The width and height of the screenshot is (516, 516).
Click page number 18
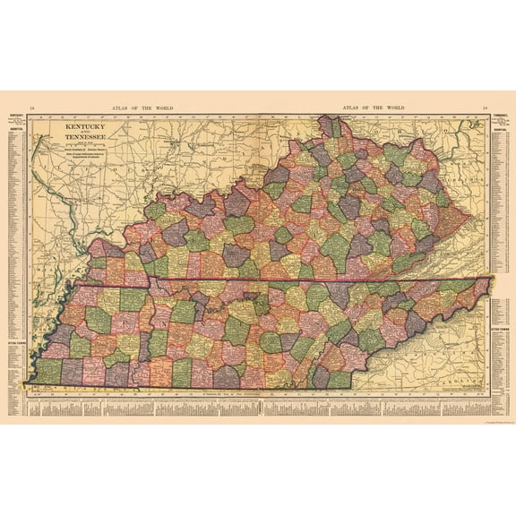(31, 108)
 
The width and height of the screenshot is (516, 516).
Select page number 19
(485, 108)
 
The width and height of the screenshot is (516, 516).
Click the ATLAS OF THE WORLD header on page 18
(143, 108)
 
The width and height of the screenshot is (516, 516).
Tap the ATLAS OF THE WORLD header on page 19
(373, 108)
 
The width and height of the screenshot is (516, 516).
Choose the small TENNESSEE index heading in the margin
(501, 117)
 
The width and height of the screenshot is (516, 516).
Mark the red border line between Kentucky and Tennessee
(269, 280)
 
